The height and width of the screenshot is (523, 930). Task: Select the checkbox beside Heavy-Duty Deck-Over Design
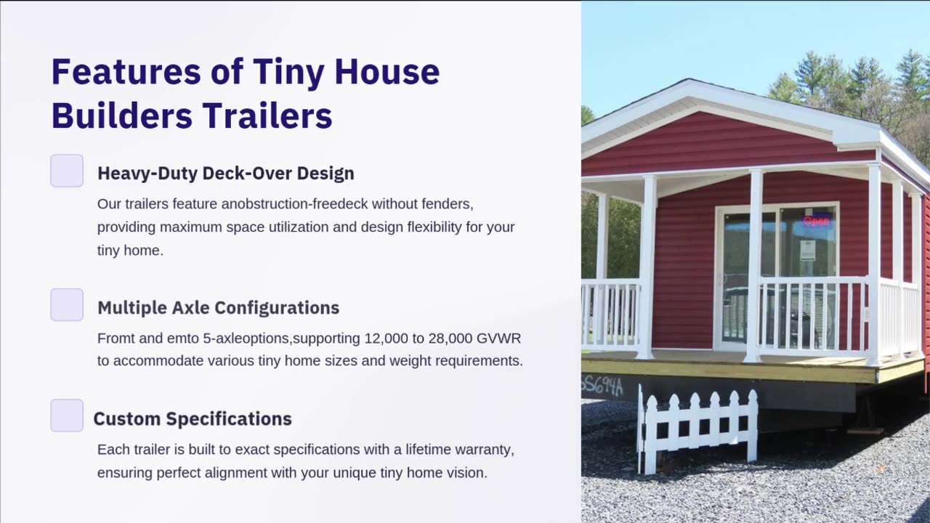pos(67,171)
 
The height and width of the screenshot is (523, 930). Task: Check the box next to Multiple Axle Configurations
pos(67,304)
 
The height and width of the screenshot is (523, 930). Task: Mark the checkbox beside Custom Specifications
pos(67,415)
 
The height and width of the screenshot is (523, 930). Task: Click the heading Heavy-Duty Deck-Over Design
pos(226,174)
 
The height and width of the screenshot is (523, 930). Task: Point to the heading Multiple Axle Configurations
pos(218,307)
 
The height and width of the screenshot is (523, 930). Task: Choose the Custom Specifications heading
pos(193,419)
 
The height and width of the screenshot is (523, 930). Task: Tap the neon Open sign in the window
pos(817,220)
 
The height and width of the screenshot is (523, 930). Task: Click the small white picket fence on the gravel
pos(698,429)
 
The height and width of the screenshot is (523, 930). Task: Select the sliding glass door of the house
pos(777,276)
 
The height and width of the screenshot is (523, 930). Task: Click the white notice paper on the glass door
pos(807,250)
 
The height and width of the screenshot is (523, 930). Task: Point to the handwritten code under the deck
pos(602,386)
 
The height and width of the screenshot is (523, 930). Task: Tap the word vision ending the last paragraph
pos(466,473)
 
